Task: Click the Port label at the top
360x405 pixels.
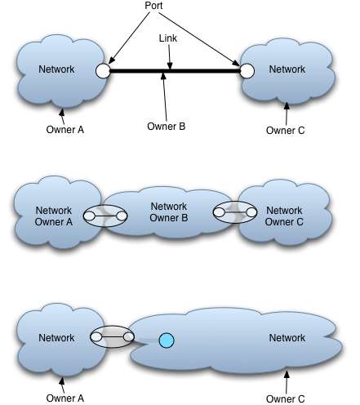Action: point(153,6)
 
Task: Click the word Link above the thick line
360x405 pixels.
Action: point(168,38)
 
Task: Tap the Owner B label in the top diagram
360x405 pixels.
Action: point(167,127)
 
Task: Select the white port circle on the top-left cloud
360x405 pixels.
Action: point(103,71)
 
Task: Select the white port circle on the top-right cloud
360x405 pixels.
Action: point(247,71)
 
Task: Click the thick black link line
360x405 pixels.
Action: point(175,71)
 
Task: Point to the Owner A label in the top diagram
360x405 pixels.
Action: point(65,130)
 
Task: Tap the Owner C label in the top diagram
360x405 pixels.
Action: point(285,131)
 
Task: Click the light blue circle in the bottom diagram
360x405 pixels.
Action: point(167,340)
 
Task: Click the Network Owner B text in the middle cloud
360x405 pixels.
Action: point(169,212)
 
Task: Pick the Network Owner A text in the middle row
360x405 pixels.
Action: point(54,216)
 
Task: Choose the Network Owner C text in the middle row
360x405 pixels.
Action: point(284,216)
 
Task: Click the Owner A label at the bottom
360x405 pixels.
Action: point(65,398)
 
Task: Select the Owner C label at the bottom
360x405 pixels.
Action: point(285,399)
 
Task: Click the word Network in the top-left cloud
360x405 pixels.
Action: point(56,69)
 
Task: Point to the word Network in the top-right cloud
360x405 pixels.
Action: point(287,69)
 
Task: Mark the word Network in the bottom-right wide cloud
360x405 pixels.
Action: point(287,338)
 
